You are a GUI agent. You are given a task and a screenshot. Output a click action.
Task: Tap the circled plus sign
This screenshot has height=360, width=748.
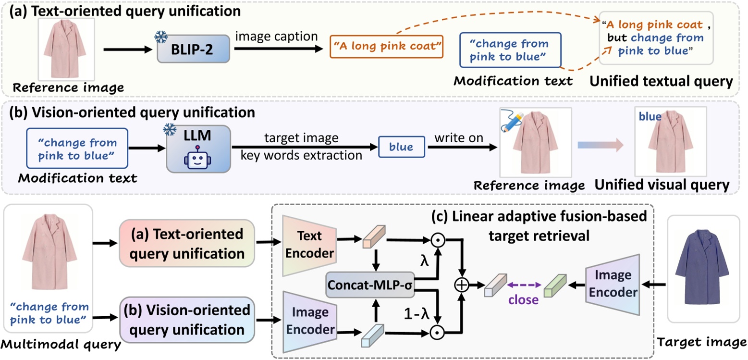click(462, 285)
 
